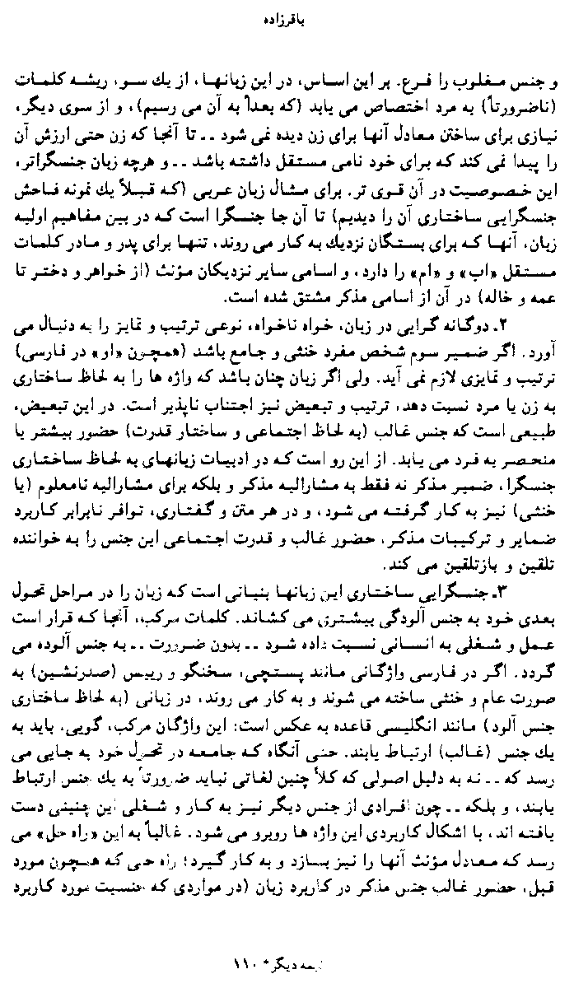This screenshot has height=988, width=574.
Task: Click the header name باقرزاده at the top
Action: tap(287, 14)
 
